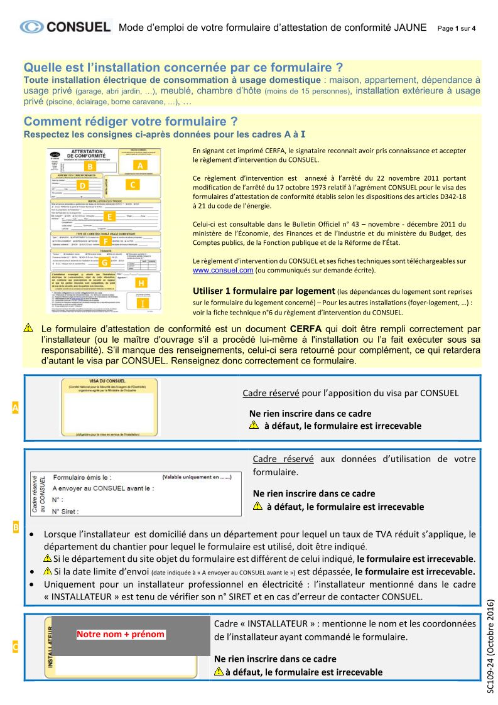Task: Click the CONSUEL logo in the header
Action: [x=65, y=27]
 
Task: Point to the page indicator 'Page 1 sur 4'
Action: [x=457, y=28]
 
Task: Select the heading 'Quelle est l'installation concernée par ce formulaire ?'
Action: [x=183, y=67]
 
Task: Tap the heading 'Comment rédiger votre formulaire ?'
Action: [x=131, y=121]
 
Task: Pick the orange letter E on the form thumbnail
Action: [x=109, y=217]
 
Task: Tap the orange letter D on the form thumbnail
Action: [x=82, y=186]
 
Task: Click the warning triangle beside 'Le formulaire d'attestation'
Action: [x=28, y=328]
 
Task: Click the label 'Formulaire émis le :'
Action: [x=82, y=477]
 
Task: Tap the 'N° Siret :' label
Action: [x=65, y=512]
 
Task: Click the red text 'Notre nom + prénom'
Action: [x=121, y=634]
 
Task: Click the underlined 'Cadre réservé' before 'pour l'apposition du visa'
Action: [x=271, y=393]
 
